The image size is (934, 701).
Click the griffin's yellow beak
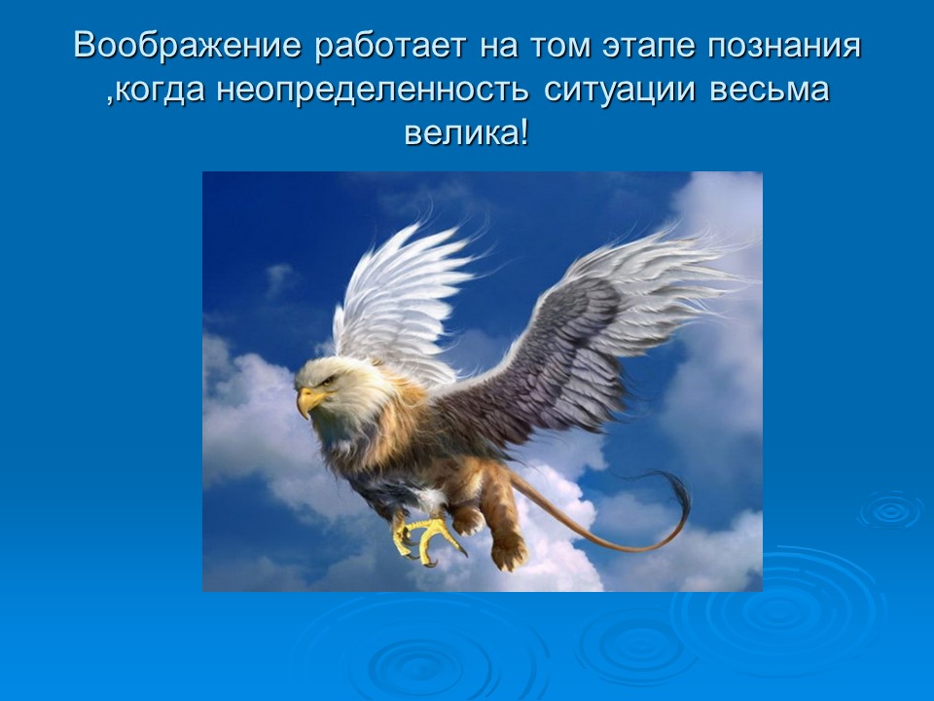309,400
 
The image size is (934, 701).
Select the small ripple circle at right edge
889,509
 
